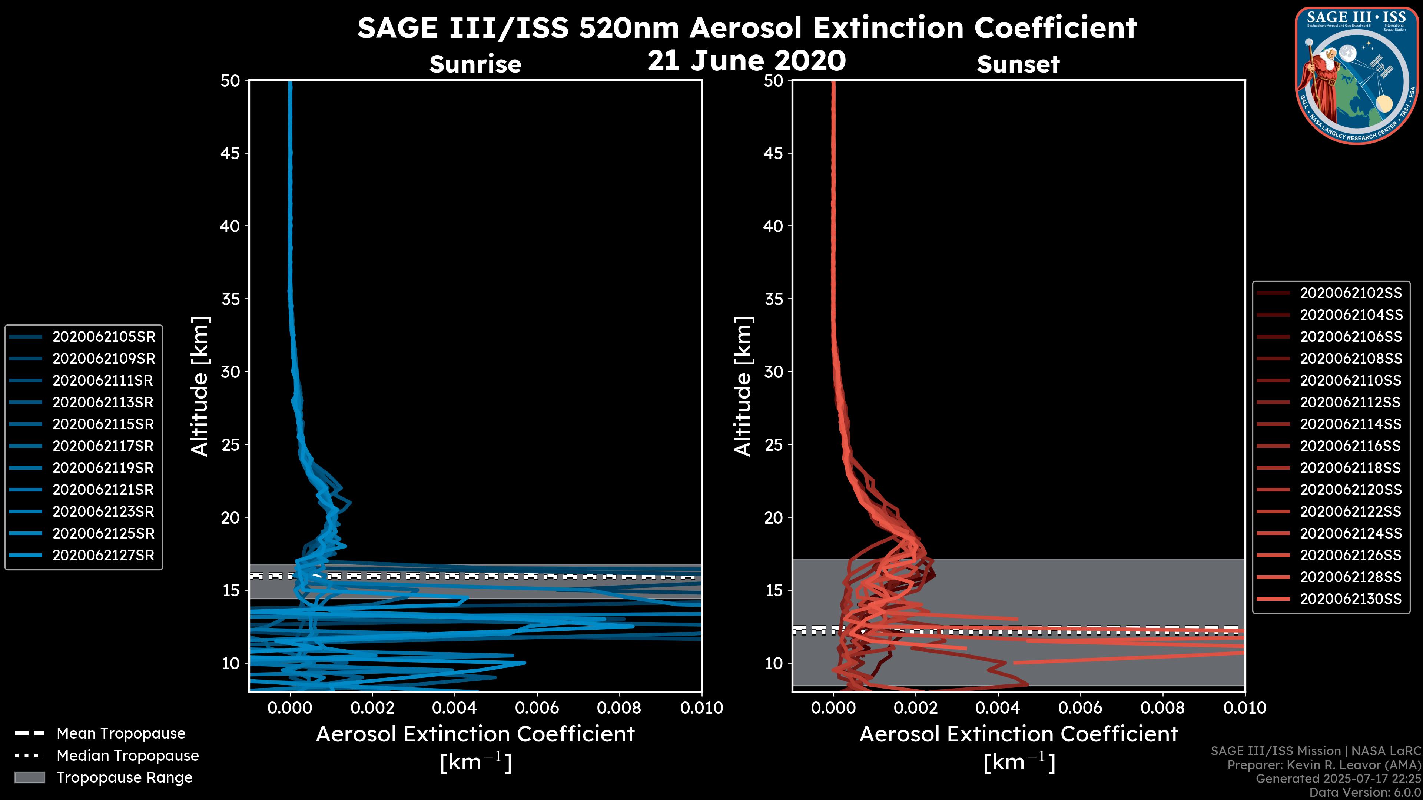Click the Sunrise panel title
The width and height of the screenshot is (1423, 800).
[475, 64]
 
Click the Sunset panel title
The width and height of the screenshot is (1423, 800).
[1018, 64]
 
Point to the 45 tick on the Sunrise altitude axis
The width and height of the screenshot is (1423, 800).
[230, 153]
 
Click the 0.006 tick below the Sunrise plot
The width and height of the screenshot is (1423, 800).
[537, 708]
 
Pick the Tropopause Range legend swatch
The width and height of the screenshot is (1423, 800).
[30, 777]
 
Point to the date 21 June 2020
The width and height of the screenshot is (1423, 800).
[746, 61]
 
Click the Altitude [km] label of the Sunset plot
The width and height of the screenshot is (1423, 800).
[743, 386]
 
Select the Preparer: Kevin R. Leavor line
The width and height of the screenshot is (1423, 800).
[1324, 765]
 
